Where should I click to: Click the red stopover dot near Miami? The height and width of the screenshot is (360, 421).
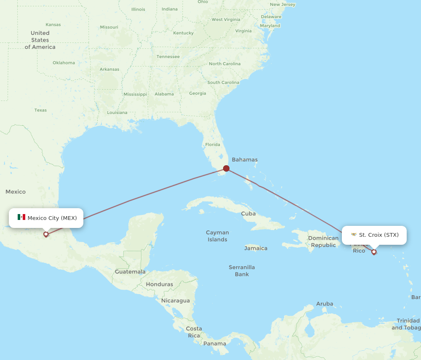(x=226, y=169)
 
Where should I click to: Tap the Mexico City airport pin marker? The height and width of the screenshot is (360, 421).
(x=46, y=234)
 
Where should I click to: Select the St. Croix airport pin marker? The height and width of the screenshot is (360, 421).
(x=374, y=252)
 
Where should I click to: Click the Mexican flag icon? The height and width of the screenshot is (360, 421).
(x=21, y=217)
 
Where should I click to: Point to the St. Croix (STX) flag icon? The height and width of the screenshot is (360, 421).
(x=354, y=235)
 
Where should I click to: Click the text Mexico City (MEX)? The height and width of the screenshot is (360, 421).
(x=52, y=218)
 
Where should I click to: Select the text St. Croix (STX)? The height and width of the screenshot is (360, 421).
(x=378, y=235)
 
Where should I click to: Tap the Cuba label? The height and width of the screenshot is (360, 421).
(x=248, y=214)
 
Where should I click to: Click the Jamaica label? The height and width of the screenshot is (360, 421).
(x=256, y=248)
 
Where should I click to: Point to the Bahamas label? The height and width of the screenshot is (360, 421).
(x=245, y=160)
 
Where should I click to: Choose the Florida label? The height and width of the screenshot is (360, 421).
(x=213, y=145)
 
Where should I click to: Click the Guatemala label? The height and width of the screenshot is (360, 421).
(x=130, y=272)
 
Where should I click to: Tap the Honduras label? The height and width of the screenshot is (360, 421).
(x=160, y=284)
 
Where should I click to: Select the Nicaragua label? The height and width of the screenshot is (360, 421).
(x=176, y=301)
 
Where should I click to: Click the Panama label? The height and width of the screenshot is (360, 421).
(x=215, y=344)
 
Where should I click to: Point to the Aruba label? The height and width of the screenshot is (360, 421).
(x=325, y=304)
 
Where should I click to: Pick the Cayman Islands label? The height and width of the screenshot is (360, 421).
(x=217, y=236)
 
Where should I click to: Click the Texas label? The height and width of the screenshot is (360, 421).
(x=41, y=110)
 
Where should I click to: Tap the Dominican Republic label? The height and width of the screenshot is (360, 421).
(x=323, y=241)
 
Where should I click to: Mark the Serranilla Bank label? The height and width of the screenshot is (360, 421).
(x=242, y=270)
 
